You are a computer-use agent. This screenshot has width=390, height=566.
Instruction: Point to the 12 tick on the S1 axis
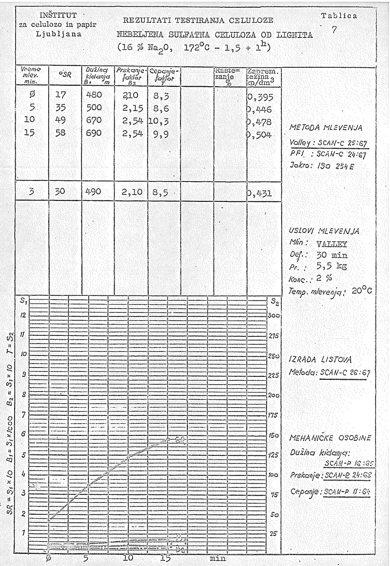pyautogui.click(x=23, y=315)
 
